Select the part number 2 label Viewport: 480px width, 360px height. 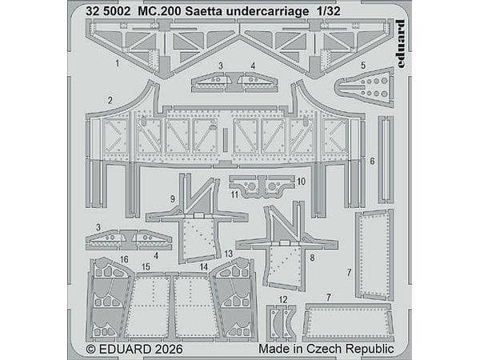[109, 100]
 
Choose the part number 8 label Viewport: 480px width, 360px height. [312, 258]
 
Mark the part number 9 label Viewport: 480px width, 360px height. [173, 198]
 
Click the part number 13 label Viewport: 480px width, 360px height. [228, 253]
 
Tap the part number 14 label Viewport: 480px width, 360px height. [204, 266]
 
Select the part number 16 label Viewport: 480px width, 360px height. [124, 260]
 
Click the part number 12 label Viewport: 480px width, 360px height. [282, 298]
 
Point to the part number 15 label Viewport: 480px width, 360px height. [146, 266]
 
